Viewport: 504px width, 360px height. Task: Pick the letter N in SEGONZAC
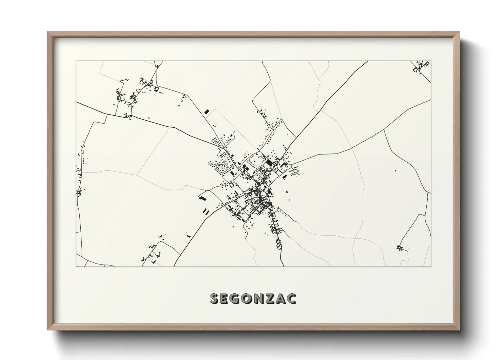(x=259, y=299)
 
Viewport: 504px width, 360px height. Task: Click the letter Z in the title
(x=270, y=299)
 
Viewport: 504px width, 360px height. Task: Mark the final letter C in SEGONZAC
(x=291, y=299)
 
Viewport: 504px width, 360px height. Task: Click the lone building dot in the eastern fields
(x=395, y=170)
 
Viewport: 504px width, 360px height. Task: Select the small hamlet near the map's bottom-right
(x=400, y=248)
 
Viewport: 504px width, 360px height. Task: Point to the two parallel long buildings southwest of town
(x=206, y=211)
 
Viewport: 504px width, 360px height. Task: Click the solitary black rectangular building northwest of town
(x=206, y=111)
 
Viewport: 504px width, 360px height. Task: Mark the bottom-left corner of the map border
(x=76, y=266)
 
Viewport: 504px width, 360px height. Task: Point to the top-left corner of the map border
(x=76, y=61)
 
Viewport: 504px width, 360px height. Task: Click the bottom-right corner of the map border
(x=431, y=266)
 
